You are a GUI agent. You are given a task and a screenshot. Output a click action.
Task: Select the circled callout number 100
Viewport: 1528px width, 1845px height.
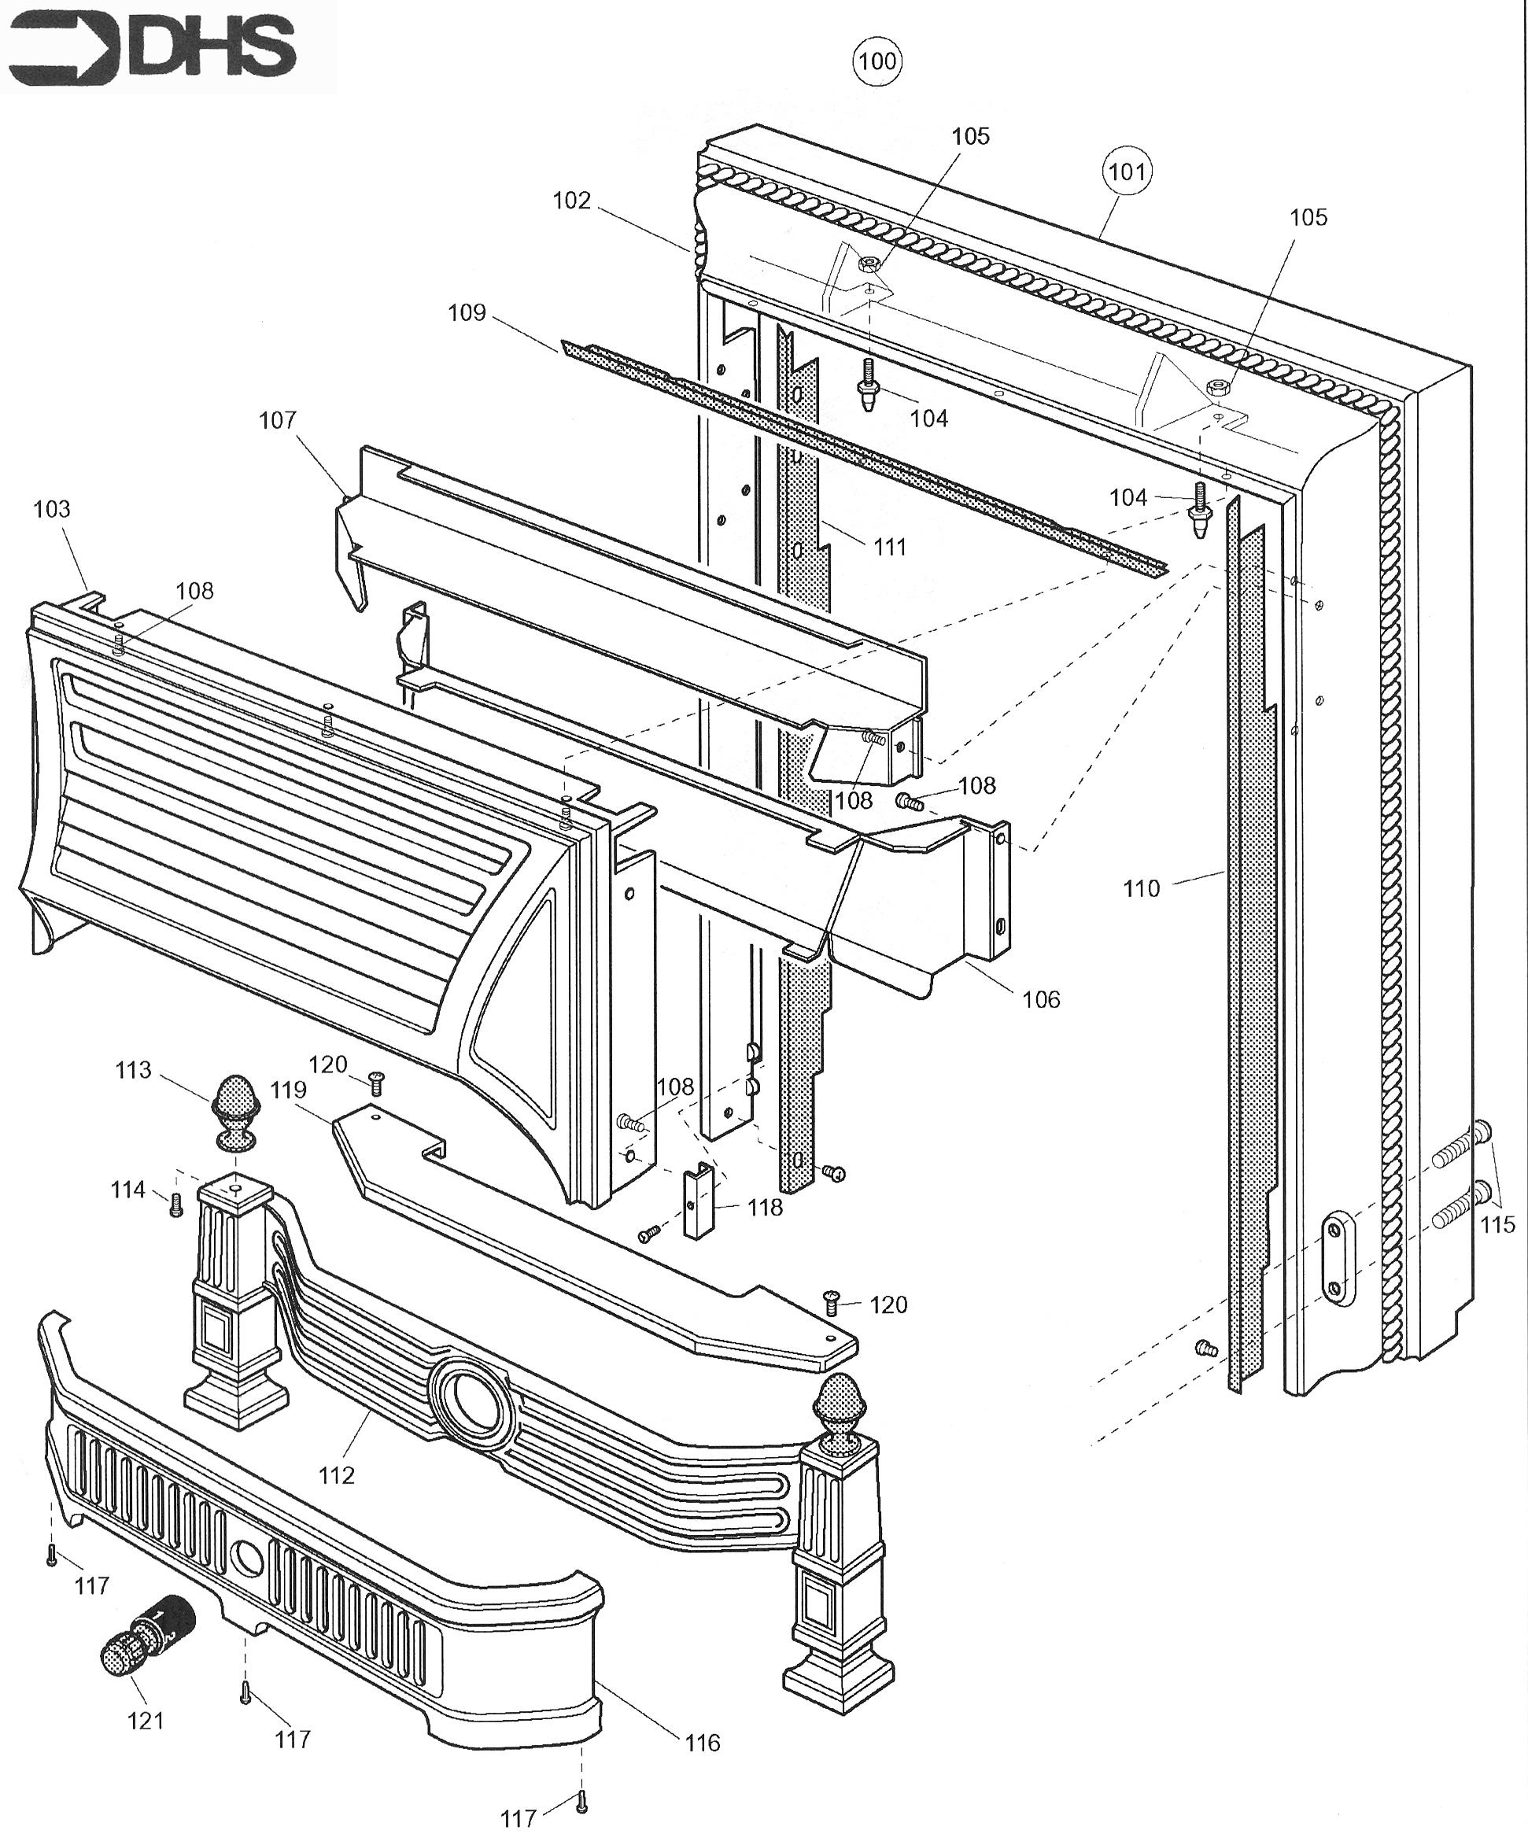tap(877, 61)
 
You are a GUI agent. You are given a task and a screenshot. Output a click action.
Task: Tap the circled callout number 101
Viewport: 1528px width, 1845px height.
tap(1127, 172)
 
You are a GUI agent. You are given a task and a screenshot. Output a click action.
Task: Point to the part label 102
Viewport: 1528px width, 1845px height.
tap(571, 201)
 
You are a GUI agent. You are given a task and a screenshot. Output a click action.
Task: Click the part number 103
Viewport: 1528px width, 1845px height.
tap(52, 510)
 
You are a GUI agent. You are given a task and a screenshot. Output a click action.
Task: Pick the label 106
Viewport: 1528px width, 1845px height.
tap(1041, 999)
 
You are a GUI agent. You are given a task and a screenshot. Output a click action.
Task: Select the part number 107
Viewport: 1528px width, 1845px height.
tap(278, 421)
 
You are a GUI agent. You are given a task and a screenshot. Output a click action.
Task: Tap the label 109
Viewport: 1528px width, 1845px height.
tap(467, 313)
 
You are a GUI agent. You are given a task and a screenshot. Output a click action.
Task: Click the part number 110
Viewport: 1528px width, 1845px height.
tap(1142, 888)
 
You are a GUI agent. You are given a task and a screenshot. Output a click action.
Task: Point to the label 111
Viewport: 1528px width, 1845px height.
tap(890, 548)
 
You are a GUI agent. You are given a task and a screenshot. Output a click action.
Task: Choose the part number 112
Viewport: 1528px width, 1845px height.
tap(337, 1475)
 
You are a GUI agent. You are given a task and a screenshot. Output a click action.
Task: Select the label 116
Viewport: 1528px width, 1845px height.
tap(703, 1743)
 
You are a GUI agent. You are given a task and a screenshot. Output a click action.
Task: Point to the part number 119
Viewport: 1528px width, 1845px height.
tap(288, 1090)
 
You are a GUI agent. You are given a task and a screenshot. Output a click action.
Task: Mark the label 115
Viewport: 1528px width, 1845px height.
tap(1498, 1224)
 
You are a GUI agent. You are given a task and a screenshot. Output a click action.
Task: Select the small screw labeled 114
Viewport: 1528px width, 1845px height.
tap(175, 1203)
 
